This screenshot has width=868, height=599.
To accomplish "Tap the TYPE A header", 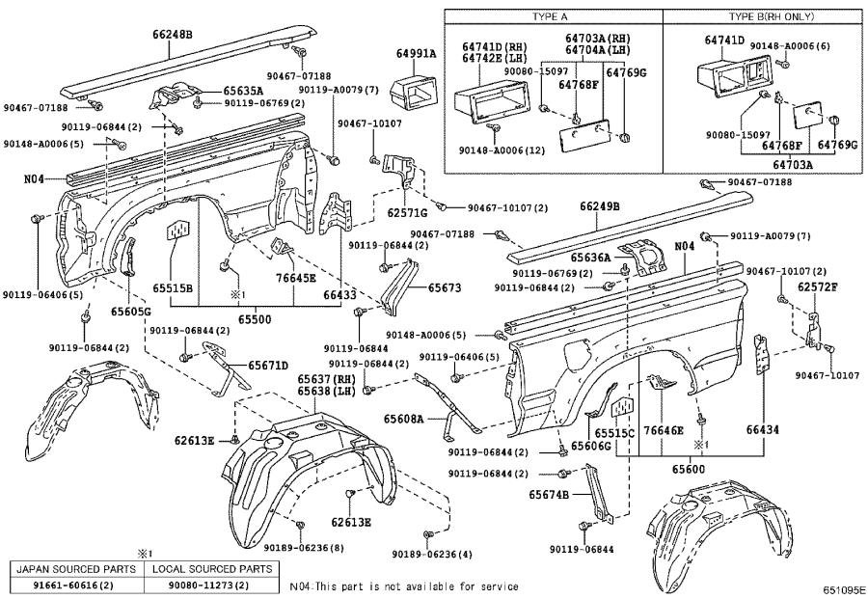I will [552, 17].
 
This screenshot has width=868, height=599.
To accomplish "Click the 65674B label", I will [549, 495].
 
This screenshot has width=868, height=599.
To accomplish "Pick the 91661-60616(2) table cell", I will [74, 585].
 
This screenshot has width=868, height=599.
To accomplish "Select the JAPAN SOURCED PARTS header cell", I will [74, 569].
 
